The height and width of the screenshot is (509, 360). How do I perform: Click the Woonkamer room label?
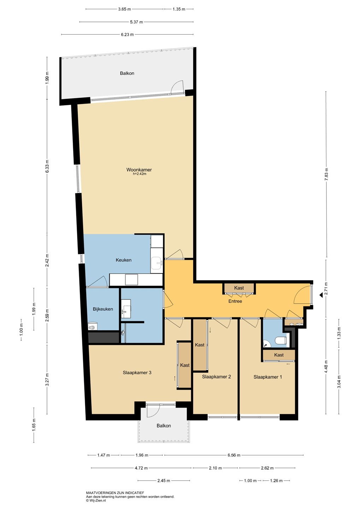point(139,170)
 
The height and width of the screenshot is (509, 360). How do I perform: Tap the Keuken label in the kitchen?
point(124,260)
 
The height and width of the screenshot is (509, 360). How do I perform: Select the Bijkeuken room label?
point(103,309)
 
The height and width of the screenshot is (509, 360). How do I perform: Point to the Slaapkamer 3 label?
point(137,373)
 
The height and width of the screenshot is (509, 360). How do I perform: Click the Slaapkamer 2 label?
point(217,376)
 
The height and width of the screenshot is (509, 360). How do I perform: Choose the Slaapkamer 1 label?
point(268,377)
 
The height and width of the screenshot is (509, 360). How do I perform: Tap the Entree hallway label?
point(235,301)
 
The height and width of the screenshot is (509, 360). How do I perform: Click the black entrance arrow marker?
point(321,295)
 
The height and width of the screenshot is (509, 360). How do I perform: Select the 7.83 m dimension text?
point(326,174)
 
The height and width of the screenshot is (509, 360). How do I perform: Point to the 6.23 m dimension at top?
point(127,35)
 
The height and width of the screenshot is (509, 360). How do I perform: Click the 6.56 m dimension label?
point(234,455)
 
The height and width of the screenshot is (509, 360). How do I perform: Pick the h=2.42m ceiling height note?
point(140,174)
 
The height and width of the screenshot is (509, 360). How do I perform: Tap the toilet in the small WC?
point(281,341)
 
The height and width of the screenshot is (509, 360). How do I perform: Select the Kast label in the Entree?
point(239,288)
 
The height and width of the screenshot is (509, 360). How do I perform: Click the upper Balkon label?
point(127,73)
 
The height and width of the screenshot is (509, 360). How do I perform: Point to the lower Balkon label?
point(164,426)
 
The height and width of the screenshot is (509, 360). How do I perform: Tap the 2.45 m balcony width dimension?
point(164,481)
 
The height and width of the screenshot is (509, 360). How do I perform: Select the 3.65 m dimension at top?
point(124,9)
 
